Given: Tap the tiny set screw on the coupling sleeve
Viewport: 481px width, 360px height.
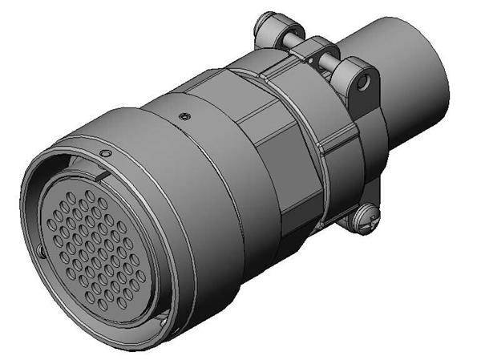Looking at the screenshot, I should pyautogui.click(x=184, y=117).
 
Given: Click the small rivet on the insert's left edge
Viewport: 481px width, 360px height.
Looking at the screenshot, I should pyautogui.click(x=41, y=253).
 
